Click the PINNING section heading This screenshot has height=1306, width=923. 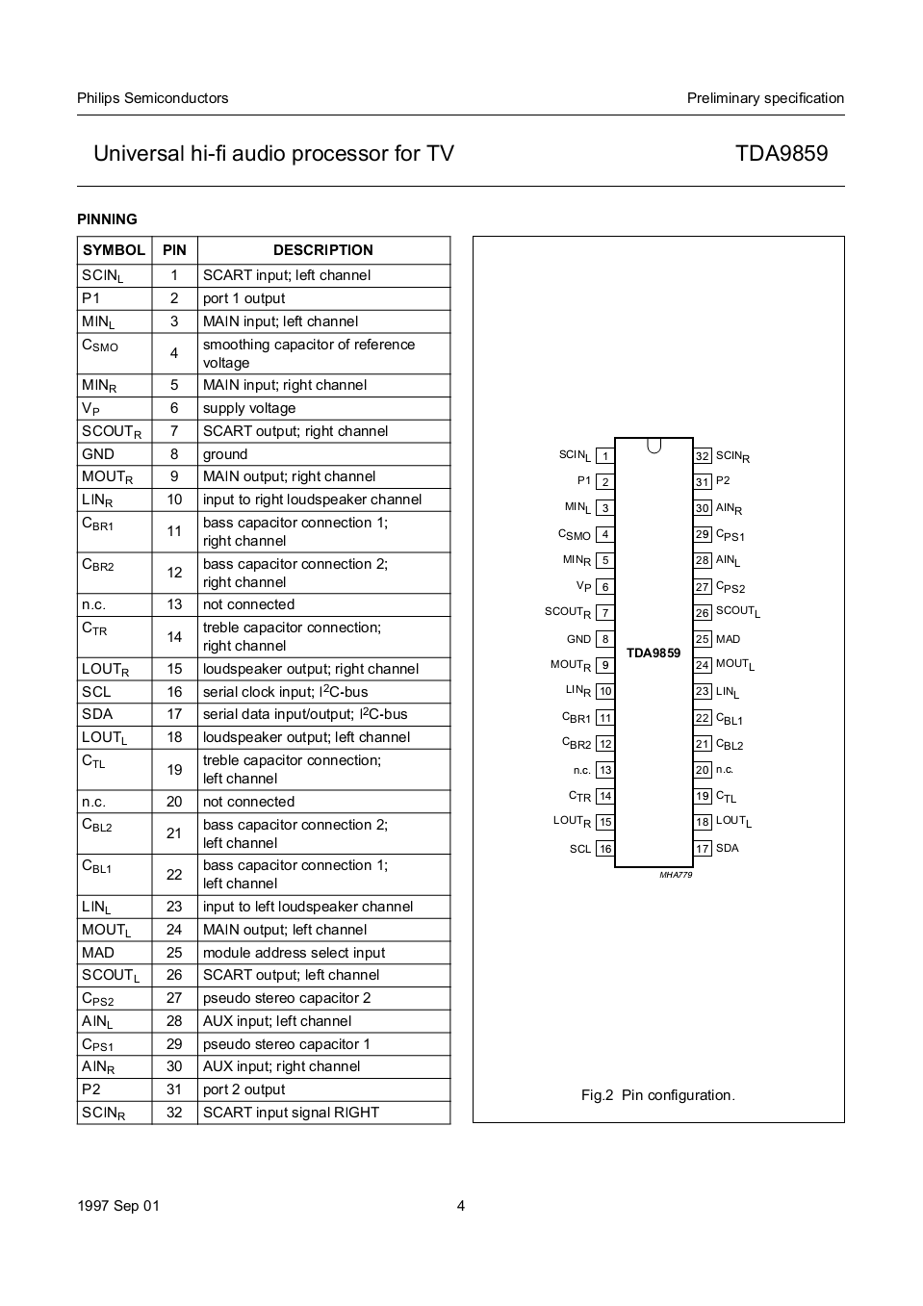(107, 219)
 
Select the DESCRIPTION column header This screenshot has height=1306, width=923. (322, 250)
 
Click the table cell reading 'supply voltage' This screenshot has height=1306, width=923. (249, 408)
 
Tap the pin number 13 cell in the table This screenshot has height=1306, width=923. (174, 604)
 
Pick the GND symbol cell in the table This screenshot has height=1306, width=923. (98, 454)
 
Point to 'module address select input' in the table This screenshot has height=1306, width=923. (294, 953)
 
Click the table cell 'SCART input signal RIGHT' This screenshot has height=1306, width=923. (291, 1113)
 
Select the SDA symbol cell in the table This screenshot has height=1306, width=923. (97, 714)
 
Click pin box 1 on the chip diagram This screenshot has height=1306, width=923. (604, 456)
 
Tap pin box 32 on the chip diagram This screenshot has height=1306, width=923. (703, 456)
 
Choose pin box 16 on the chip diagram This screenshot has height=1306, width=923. (604, 849)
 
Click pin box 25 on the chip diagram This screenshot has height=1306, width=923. (703, 639)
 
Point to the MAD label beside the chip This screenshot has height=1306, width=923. (728, 639)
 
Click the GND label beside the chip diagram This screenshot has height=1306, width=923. (578, 639)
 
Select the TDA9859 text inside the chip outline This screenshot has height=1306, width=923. (654, 653)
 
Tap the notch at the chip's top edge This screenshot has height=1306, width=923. (654, 445)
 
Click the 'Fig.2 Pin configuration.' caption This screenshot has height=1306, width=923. (657, 1095)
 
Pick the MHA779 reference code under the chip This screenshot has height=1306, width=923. (676, 875)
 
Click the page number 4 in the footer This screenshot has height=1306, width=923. (461, 1206)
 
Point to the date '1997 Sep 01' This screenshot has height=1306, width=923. (118, 1206)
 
